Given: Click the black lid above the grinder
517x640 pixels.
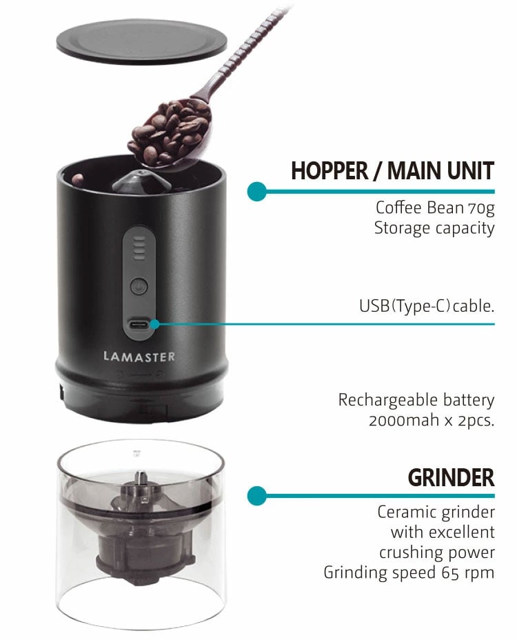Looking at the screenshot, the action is pos(141,42).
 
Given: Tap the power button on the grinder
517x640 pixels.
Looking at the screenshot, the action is pos(139,286).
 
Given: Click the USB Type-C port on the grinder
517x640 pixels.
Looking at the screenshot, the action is pos(139,326).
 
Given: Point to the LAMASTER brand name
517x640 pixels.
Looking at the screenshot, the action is pos(139,357).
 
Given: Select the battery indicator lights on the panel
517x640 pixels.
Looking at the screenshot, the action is pos(139,248).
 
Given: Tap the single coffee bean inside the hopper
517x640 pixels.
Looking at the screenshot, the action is pos(77,179).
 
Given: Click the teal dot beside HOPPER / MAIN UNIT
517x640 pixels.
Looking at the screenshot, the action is pos(256,191).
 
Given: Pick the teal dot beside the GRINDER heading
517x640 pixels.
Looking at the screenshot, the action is pos(256,495).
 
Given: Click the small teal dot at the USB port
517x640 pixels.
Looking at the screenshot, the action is pos(154,324).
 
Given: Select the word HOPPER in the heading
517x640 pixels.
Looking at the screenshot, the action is pos(330,170).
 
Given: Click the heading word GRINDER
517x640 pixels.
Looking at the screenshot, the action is pos(451,477).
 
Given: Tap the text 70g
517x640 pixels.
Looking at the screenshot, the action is pos(481,208).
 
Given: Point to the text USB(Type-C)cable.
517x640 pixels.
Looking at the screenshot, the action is pos(427,306).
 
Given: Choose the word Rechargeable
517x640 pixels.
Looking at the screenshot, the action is pos(388,401).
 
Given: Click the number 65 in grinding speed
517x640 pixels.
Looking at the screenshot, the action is pos(450,572).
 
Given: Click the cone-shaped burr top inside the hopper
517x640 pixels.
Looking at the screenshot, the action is pos(141,183).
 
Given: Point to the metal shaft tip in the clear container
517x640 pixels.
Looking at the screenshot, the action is pos(140,477).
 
